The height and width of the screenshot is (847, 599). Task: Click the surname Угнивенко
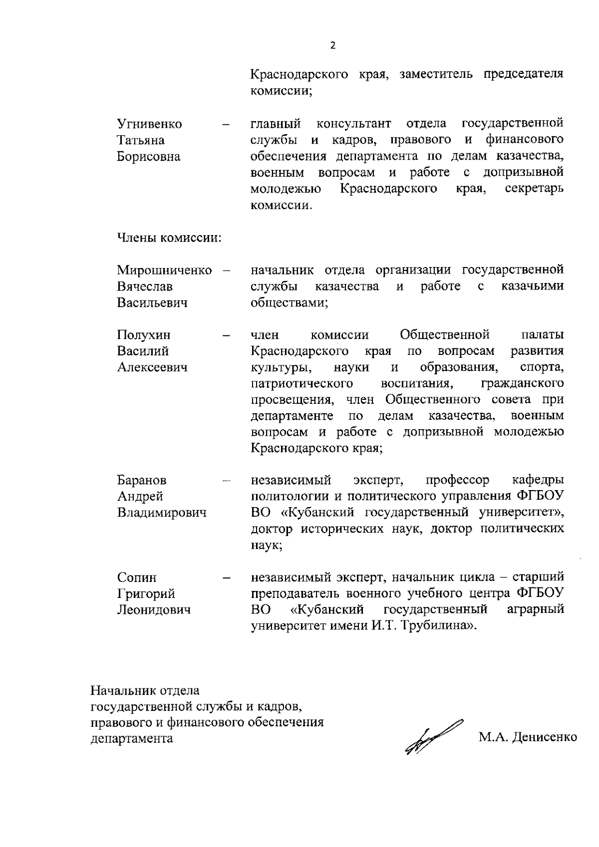149,124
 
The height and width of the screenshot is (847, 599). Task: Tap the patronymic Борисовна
148,157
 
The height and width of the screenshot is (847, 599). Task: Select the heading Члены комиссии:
169,238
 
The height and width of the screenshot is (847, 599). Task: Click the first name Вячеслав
145,287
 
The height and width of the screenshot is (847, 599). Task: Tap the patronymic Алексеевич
152,368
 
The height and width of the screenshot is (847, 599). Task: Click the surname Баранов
142,480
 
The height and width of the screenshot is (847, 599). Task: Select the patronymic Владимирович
161,513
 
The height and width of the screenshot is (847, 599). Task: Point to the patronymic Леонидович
153,610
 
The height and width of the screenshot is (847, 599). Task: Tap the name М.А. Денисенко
528,737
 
